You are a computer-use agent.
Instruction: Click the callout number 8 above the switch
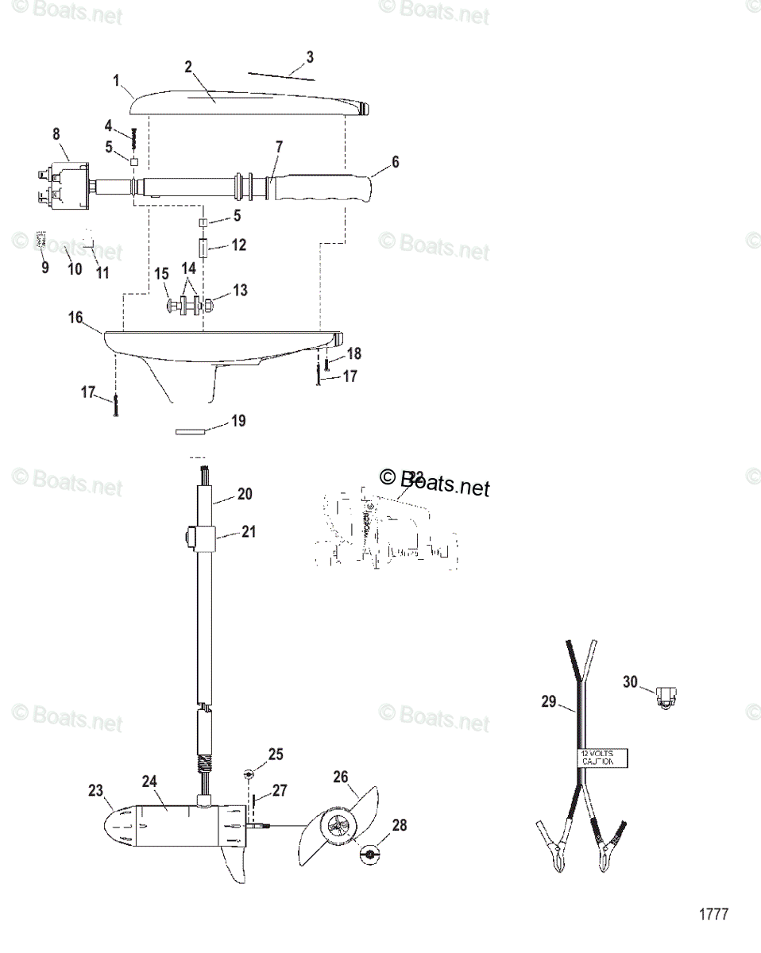56,134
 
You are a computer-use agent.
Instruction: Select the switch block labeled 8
64,184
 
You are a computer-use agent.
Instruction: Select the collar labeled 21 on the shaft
203,538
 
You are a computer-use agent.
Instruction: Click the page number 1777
713,914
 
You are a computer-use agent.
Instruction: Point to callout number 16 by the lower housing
75,318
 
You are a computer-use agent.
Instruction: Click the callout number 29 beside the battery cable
548,701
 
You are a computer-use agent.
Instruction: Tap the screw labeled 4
134,141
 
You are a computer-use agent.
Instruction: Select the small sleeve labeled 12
203,247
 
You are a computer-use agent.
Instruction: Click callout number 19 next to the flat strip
239,421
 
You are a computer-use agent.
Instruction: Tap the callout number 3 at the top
310,57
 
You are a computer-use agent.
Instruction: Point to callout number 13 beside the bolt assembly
239,291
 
